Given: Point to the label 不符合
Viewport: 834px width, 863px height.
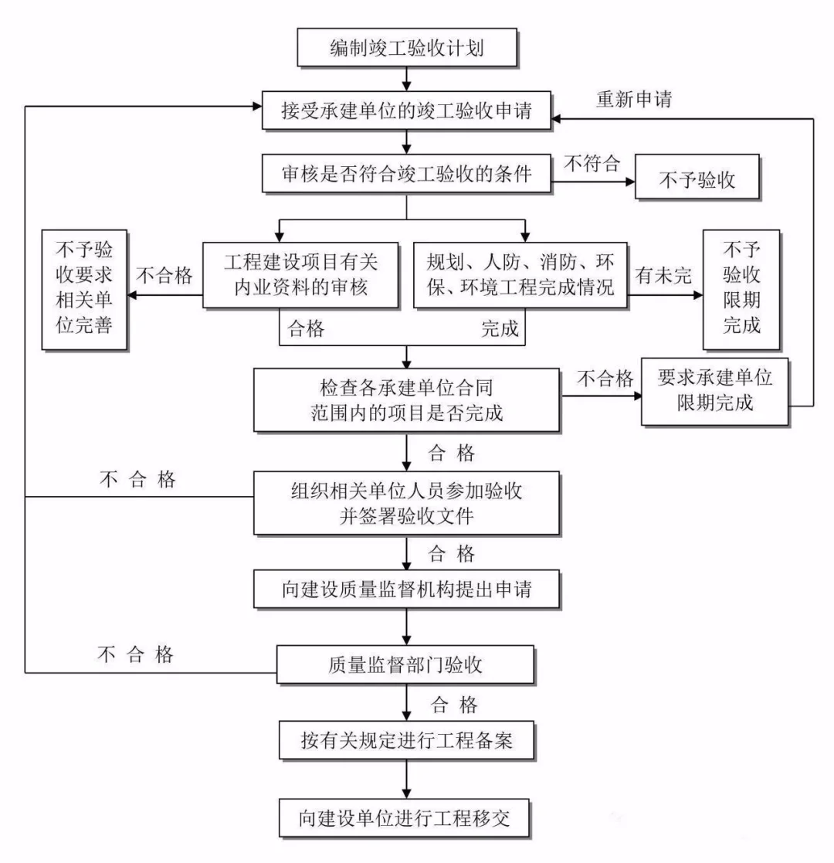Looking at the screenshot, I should click(x=591, y=165).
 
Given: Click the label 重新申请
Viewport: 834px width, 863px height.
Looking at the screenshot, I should click(x=634, y=100).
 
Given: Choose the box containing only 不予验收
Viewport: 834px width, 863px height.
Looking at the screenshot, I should click(x=697, y=180).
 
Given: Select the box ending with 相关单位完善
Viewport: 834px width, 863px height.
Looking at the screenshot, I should click(x=85, y=289).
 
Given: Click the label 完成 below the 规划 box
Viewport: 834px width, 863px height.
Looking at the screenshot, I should click(x=500, y=329).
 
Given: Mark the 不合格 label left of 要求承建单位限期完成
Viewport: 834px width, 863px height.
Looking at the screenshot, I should click(x=606, y=379).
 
